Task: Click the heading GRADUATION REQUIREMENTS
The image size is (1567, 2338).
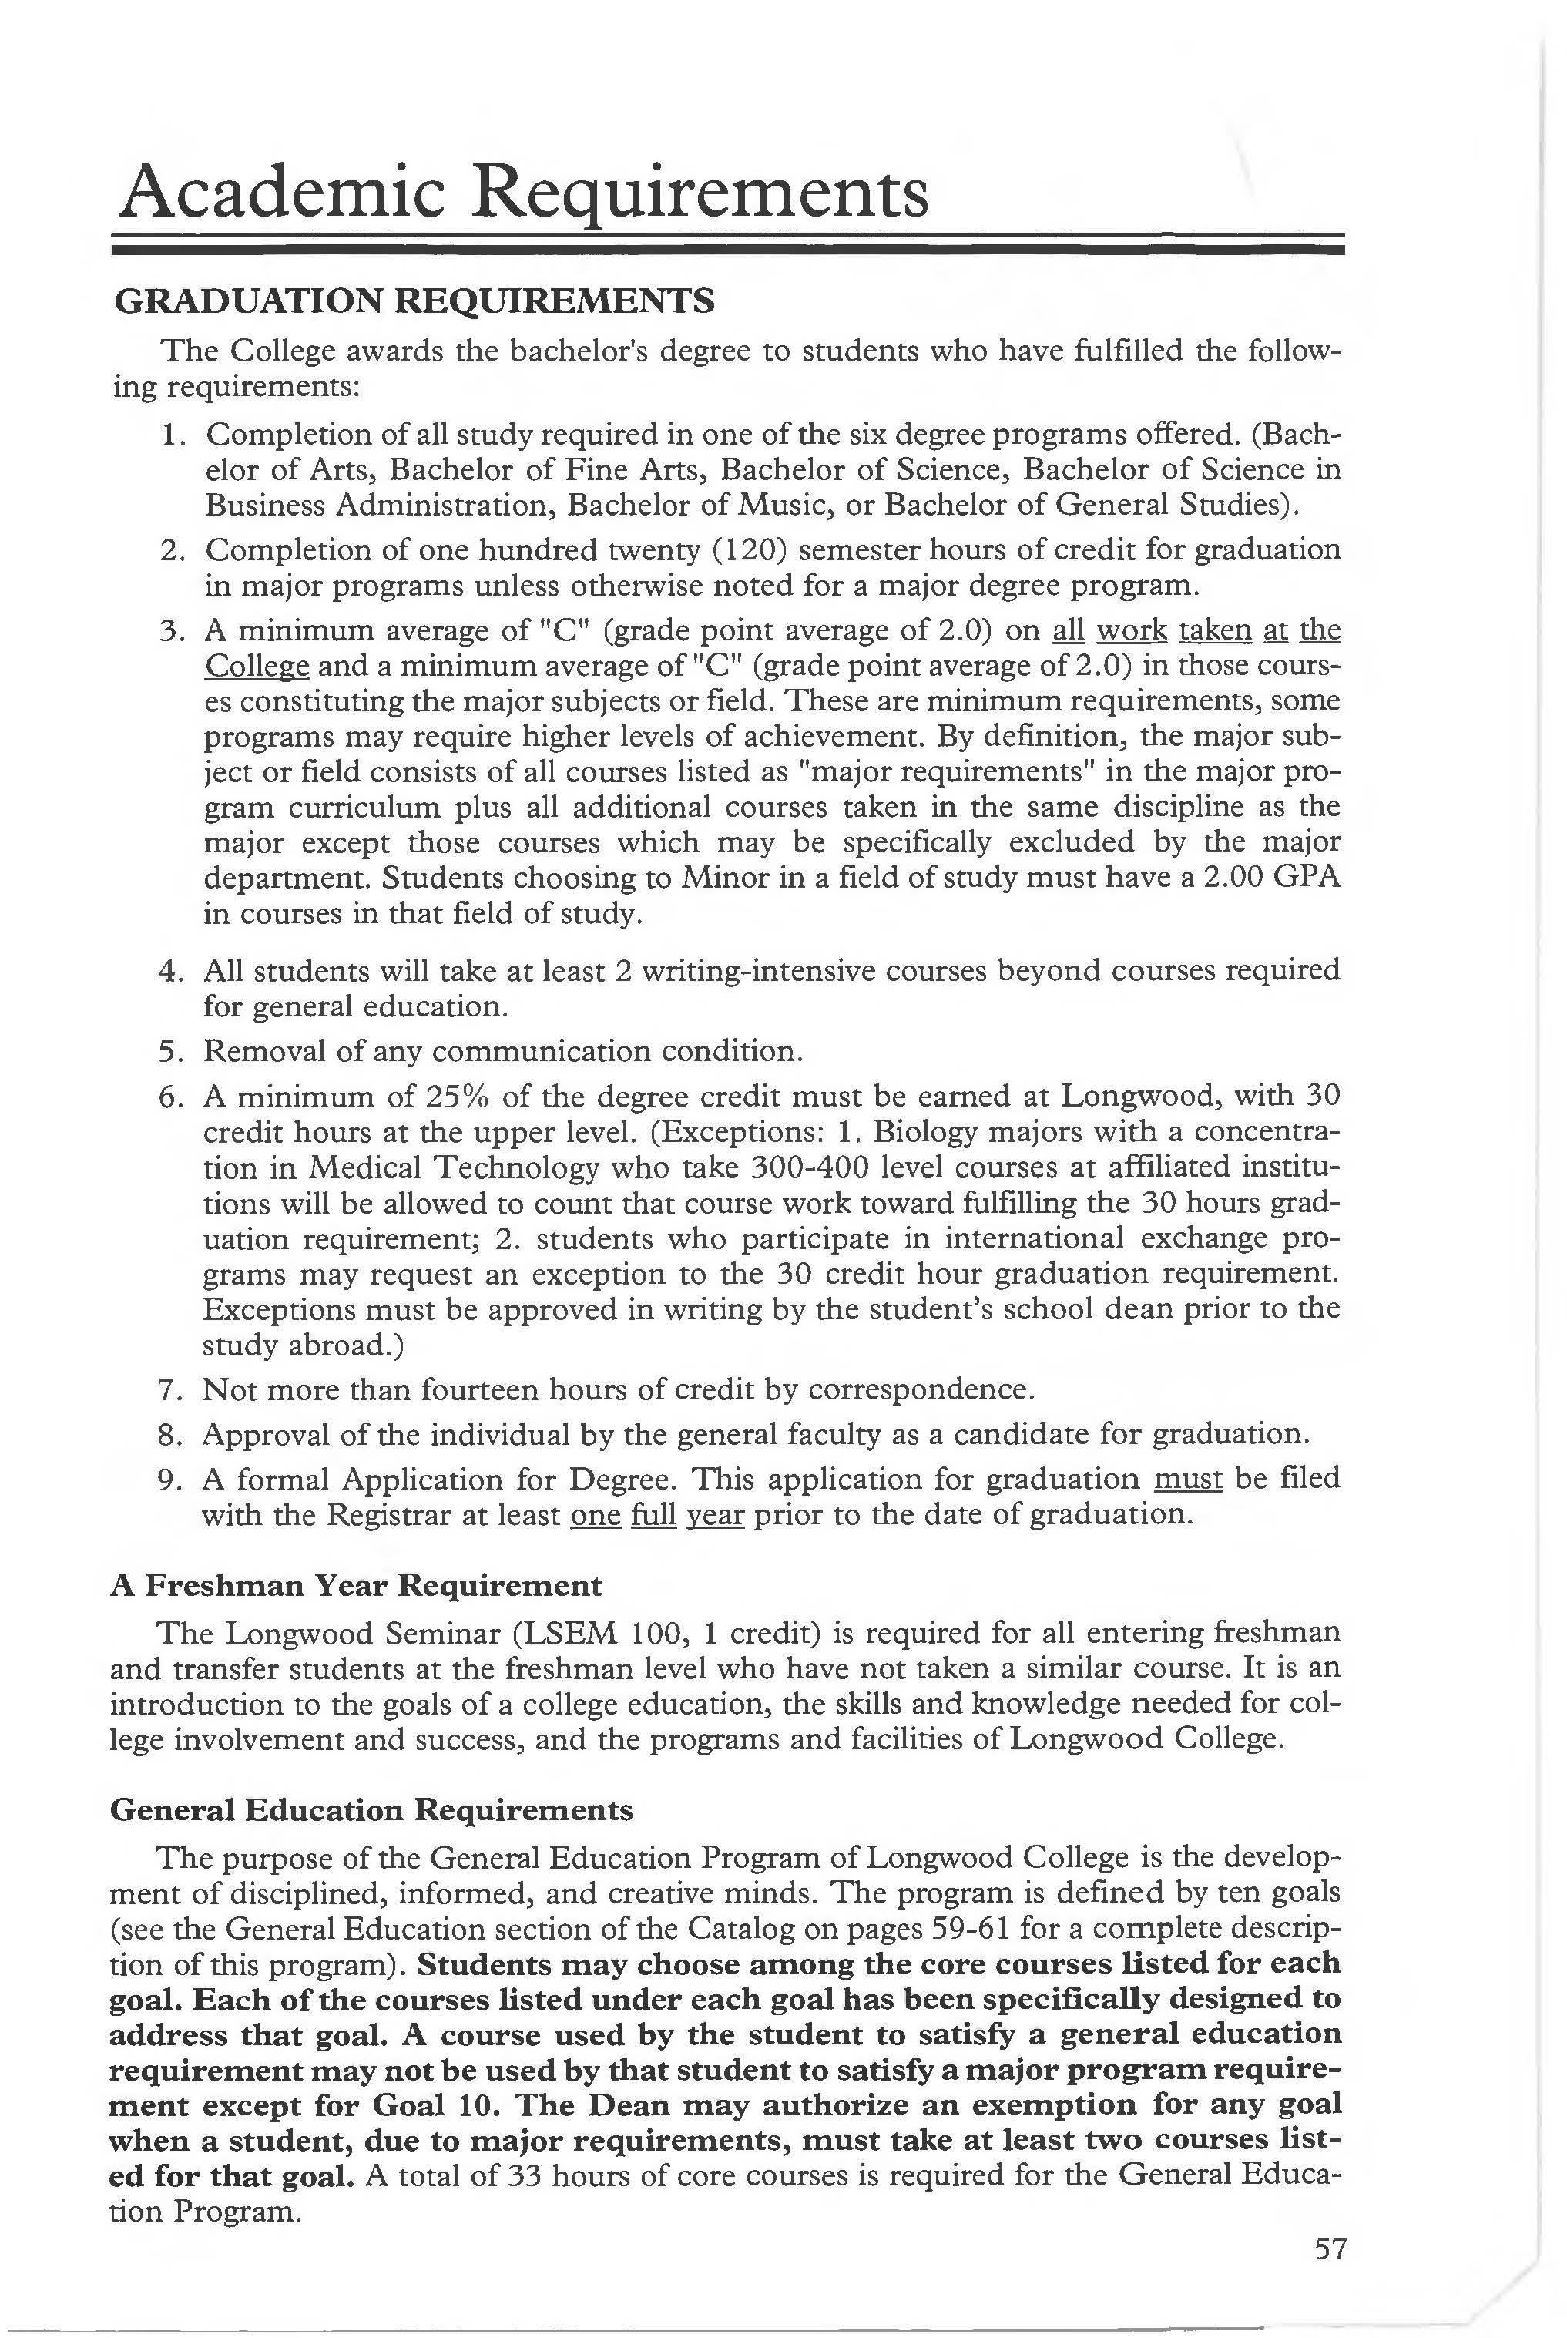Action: [414, 300]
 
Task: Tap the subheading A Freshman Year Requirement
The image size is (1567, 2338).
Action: [356, 1585]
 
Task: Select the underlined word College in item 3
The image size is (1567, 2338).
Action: [257, 666]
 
